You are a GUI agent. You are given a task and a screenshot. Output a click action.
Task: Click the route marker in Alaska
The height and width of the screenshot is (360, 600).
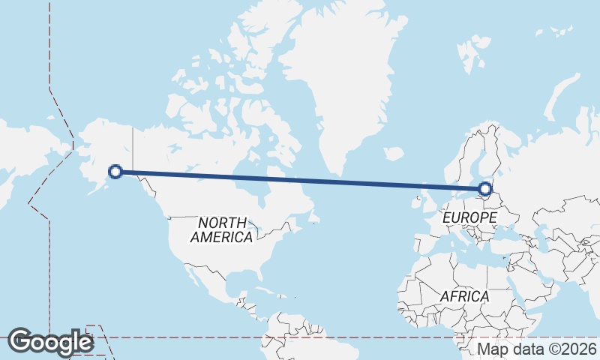click(x=115, y=172)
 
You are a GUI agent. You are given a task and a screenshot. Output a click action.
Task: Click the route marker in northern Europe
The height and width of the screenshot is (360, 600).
click(x=485, y=189)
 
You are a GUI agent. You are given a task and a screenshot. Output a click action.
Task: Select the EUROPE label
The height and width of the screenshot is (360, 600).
click(x=470, y=217)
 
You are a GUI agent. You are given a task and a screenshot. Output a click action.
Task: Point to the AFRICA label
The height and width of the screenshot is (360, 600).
click(x=464, y=296)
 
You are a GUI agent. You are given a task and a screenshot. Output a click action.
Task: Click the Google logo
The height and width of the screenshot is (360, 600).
click(x=50, y=341)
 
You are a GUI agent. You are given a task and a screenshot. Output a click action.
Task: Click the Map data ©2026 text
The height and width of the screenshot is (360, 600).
click(x=537, y=349)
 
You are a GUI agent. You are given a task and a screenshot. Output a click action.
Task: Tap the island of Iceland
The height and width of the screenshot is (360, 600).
click(x=394, y=153)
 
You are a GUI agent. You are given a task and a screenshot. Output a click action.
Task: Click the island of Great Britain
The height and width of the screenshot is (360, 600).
click(x=427, y=199)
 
